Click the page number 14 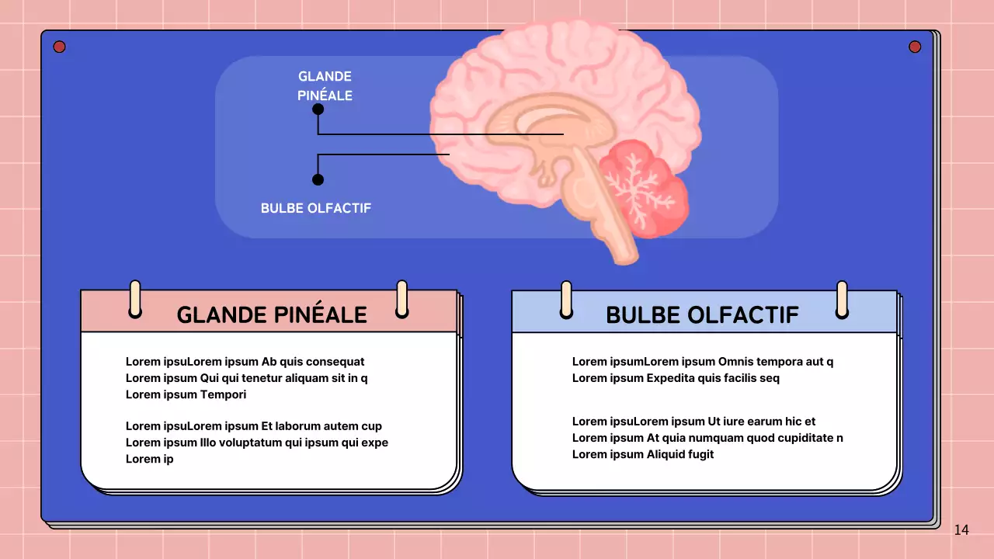point(961,530)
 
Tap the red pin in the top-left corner point(59,47)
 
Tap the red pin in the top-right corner point(915,47)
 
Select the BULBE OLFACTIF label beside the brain point(316,208)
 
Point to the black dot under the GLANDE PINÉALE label point(318,109)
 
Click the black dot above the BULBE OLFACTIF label point(318,179)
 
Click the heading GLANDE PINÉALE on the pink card point(272,314)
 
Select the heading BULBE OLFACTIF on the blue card point(702,314)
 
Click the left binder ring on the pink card point(135,299)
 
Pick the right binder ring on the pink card point(401,299)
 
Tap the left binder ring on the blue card point(566,300)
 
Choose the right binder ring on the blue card point(842,300)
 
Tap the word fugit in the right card point(698,454)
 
